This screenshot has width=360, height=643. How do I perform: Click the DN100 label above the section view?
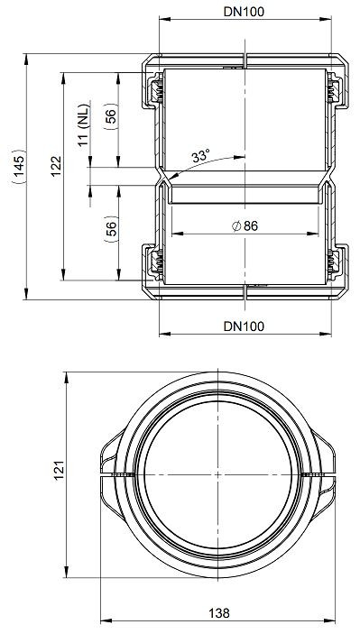point(244,12)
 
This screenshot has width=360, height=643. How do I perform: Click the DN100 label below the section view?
point(244,326)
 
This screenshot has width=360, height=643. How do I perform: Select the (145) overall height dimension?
point(19,167)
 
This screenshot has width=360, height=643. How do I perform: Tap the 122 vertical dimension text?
point(56,166)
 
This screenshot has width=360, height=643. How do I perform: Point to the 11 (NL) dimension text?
point(84,125)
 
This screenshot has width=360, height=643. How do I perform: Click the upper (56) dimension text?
point(111,116)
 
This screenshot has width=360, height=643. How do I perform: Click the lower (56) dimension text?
point(111,229)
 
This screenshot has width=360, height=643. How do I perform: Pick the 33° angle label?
point(200,156)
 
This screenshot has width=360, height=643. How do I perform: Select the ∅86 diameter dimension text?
point(245,226)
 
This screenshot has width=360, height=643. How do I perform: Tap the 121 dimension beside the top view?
point(60,471)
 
